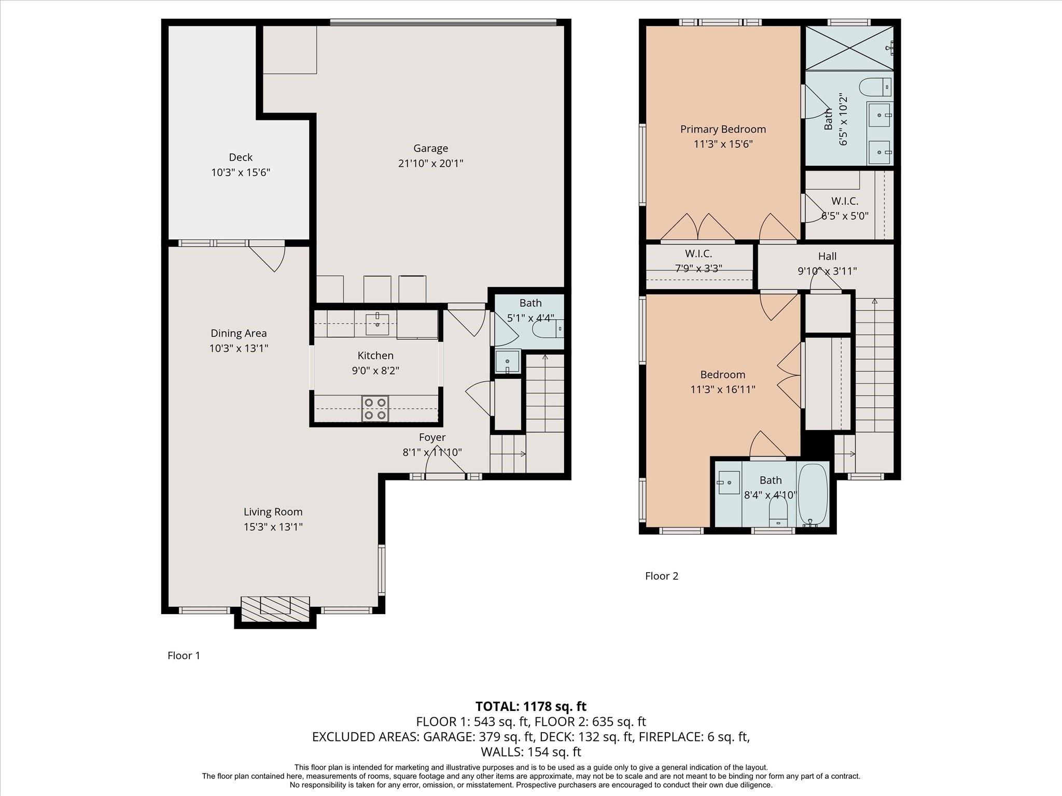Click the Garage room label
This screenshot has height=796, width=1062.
pos(430,149)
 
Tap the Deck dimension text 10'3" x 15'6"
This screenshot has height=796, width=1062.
pos(241,172)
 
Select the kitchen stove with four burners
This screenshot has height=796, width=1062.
pos(375,409)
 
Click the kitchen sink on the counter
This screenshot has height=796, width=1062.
pos(377,324)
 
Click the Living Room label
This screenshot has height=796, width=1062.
pos(273,512)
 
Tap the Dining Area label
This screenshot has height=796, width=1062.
pos(239,333)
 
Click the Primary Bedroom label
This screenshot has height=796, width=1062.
pos(723,129)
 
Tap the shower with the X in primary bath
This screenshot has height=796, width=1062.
pos(849,48)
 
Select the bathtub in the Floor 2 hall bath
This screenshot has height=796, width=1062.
pos(812,495)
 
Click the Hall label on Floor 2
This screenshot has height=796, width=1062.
pos(827,256)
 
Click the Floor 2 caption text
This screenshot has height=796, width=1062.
pos(661,576)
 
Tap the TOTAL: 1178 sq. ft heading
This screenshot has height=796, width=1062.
pos(530,706)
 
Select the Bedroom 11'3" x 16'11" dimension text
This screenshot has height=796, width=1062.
pos(722,389)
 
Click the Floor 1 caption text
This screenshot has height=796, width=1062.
pos(184,656)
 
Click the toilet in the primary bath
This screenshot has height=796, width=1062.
pos(875,87)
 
